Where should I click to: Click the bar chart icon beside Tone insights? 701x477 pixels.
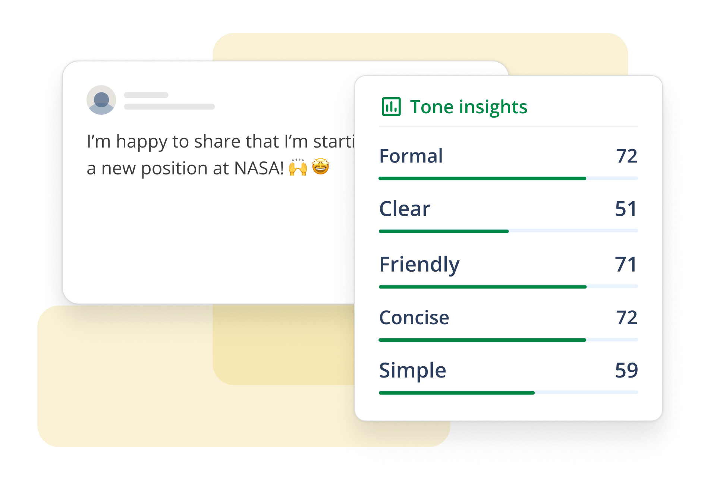point(391,107)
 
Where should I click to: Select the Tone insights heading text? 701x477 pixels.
point(469,107)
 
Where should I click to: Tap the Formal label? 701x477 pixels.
point(411,156)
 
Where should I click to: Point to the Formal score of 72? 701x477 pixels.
point(626,156)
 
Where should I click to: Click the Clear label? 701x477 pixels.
point(405,209)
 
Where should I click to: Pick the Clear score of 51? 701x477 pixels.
point(626,209)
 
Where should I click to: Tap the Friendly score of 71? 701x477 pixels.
point(626,265)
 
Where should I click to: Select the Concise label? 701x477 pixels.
point(414,318)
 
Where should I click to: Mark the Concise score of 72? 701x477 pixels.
point(626,318)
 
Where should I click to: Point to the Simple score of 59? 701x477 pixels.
point(626,370)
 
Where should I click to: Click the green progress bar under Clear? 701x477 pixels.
point(444,231)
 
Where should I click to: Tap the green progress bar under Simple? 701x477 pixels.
point(457,393)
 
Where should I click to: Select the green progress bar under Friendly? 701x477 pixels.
point(483,287)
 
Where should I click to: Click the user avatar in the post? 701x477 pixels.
point(101,100)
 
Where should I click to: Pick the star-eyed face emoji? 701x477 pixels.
point(321,167)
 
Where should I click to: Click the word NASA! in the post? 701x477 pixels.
point(259,168)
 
